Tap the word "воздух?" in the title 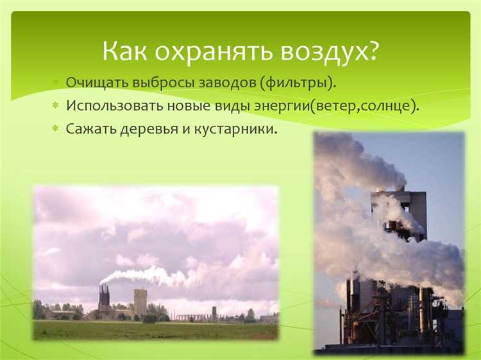pyautogui.click(x=330, y=51)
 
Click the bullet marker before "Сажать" pyautogui.click(x=56, y=128)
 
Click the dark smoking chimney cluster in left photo pyautogui.click(x=104, y=300)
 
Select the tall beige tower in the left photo pyautogui.click(x=140, y=301)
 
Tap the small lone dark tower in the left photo pyautogui.click(x=214, y=313)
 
